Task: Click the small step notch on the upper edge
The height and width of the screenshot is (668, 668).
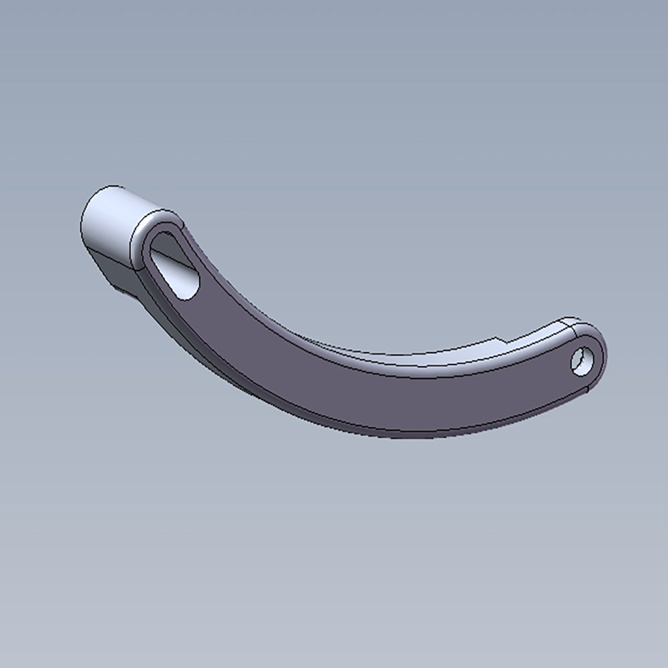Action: (498, 339)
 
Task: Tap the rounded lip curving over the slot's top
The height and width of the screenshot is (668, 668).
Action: (160, 220)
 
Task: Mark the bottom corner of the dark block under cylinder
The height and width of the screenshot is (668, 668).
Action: (121, 291)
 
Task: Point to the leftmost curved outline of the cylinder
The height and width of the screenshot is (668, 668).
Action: (81, 224)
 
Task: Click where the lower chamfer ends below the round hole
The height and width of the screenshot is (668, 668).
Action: (587, 387)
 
